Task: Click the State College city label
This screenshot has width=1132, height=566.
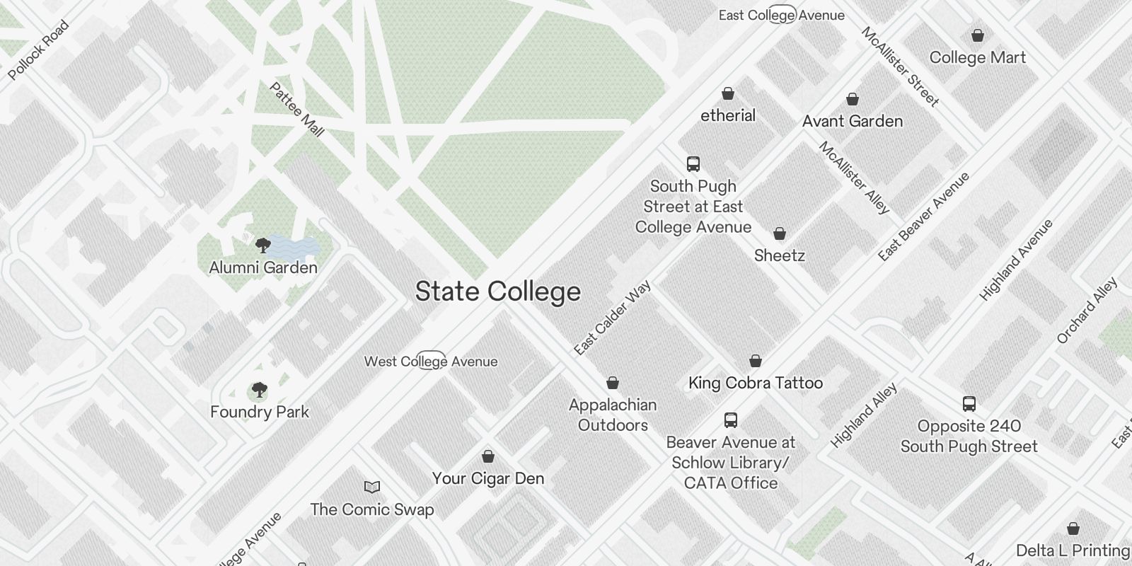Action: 497,291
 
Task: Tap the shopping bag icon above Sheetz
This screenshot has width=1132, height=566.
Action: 780,233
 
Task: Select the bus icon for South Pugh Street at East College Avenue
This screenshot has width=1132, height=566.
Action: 693,164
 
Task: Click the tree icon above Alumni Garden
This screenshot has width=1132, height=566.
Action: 262,246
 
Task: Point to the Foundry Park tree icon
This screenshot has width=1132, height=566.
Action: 260,390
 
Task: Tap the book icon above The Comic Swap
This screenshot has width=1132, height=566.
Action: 372,487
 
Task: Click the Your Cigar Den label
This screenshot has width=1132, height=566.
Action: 488,478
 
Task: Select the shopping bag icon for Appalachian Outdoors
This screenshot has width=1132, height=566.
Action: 613,383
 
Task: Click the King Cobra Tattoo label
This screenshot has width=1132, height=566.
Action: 756,383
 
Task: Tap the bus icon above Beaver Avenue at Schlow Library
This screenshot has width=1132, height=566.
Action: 731,420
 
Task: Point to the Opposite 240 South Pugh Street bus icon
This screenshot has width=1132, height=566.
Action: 969,404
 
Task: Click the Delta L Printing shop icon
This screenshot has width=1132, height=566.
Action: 1073,529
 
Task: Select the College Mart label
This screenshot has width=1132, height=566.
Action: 977,57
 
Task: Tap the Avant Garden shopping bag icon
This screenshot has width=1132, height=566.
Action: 853,99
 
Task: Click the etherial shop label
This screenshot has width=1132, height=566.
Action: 728,115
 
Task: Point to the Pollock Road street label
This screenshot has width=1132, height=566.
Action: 39,50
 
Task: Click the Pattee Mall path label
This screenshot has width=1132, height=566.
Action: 297,110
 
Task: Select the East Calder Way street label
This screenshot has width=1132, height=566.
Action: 612,318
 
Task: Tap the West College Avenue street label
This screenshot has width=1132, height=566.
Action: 431,362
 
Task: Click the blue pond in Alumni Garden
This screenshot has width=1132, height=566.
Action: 294,246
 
